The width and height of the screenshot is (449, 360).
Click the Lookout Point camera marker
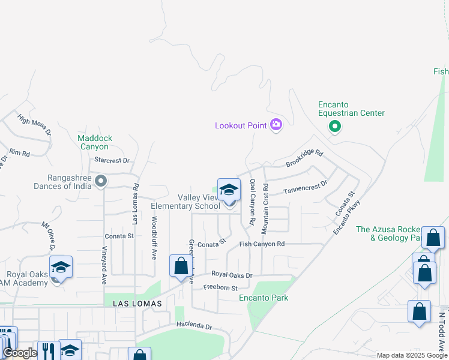(276, 125)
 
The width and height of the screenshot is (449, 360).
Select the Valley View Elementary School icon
(229, 191)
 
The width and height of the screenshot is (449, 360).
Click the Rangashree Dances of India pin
(101, 181)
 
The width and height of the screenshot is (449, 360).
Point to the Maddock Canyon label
(95, 142)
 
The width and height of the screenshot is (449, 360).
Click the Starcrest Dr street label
(112, 160)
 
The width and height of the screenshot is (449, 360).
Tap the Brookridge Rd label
(304, 159)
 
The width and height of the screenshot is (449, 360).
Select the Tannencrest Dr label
(306, 187)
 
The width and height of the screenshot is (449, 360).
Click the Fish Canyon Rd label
(261, 244)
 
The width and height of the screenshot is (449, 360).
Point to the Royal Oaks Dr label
(232, 275)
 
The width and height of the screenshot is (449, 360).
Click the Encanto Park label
(264, 298)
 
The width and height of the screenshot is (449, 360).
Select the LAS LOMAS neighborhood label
(137, 304)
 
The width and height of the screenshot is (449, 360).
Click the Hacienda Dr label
(194, 325)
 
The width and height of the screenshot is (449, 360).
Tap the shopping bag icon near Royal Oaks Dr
(181, 266)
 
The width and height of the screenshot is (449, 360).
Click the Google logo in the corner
(20, 353)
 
